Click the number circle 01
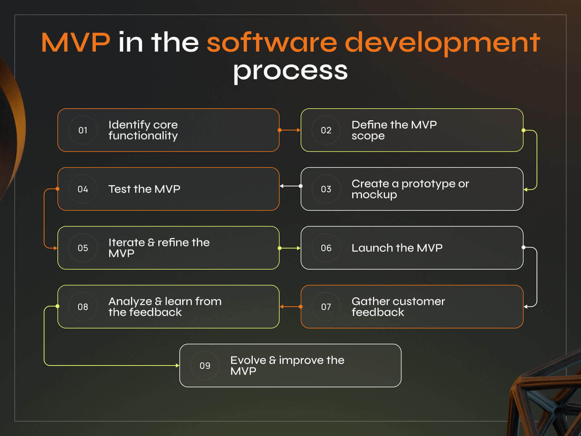click(83, 130)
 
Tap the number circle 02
click(326, 130)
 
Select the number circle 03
click(326, 189)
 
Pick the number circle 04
click(83, 189)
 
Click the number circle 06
click(326, 248)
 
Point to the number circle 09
click(205, 366)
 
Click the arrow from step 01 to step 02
click(290, 130)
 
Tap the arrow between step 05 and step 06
click(290, 248)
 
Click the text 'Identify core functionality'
click(143, 130)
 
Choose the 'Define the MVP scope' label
click(394, 130)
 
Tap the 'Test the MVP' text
click(144, 189)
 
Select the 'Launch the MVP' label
click(397, 248)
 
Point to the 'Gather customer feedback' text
click(398, 307)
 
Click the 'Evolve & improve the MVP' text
click(287, 366)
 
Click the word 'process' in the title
click(290, 70)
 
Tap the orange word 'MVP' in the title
click(76, 42)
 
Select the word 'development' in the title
click(442, 43)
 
